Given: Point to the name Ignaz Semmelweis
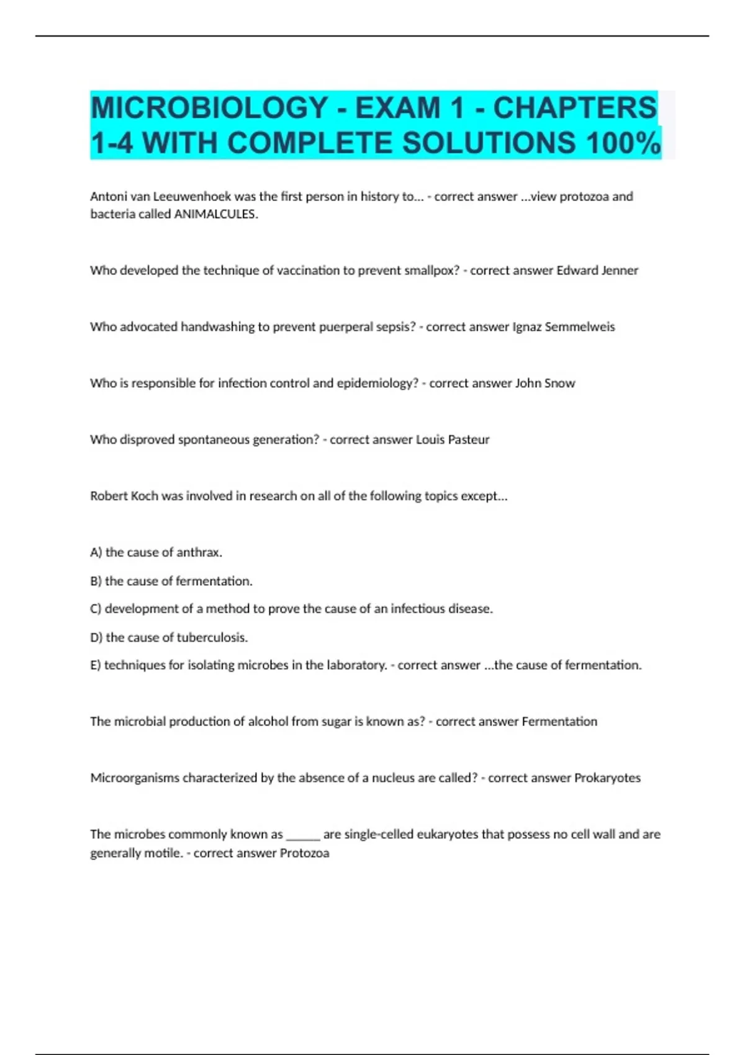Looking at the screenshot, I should coord(563,327).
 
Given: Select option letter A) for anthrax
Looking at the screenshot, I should coord(96,552).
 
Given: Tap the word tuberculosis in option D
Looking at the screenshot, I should coord(212,637).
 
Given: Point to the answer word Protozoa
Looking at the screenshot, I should coord(304,853).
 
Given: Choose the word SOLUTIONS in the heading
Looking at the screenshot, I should coord(489,143).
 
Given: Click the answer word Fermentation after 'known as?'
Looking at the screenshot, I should coord(559,722).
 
